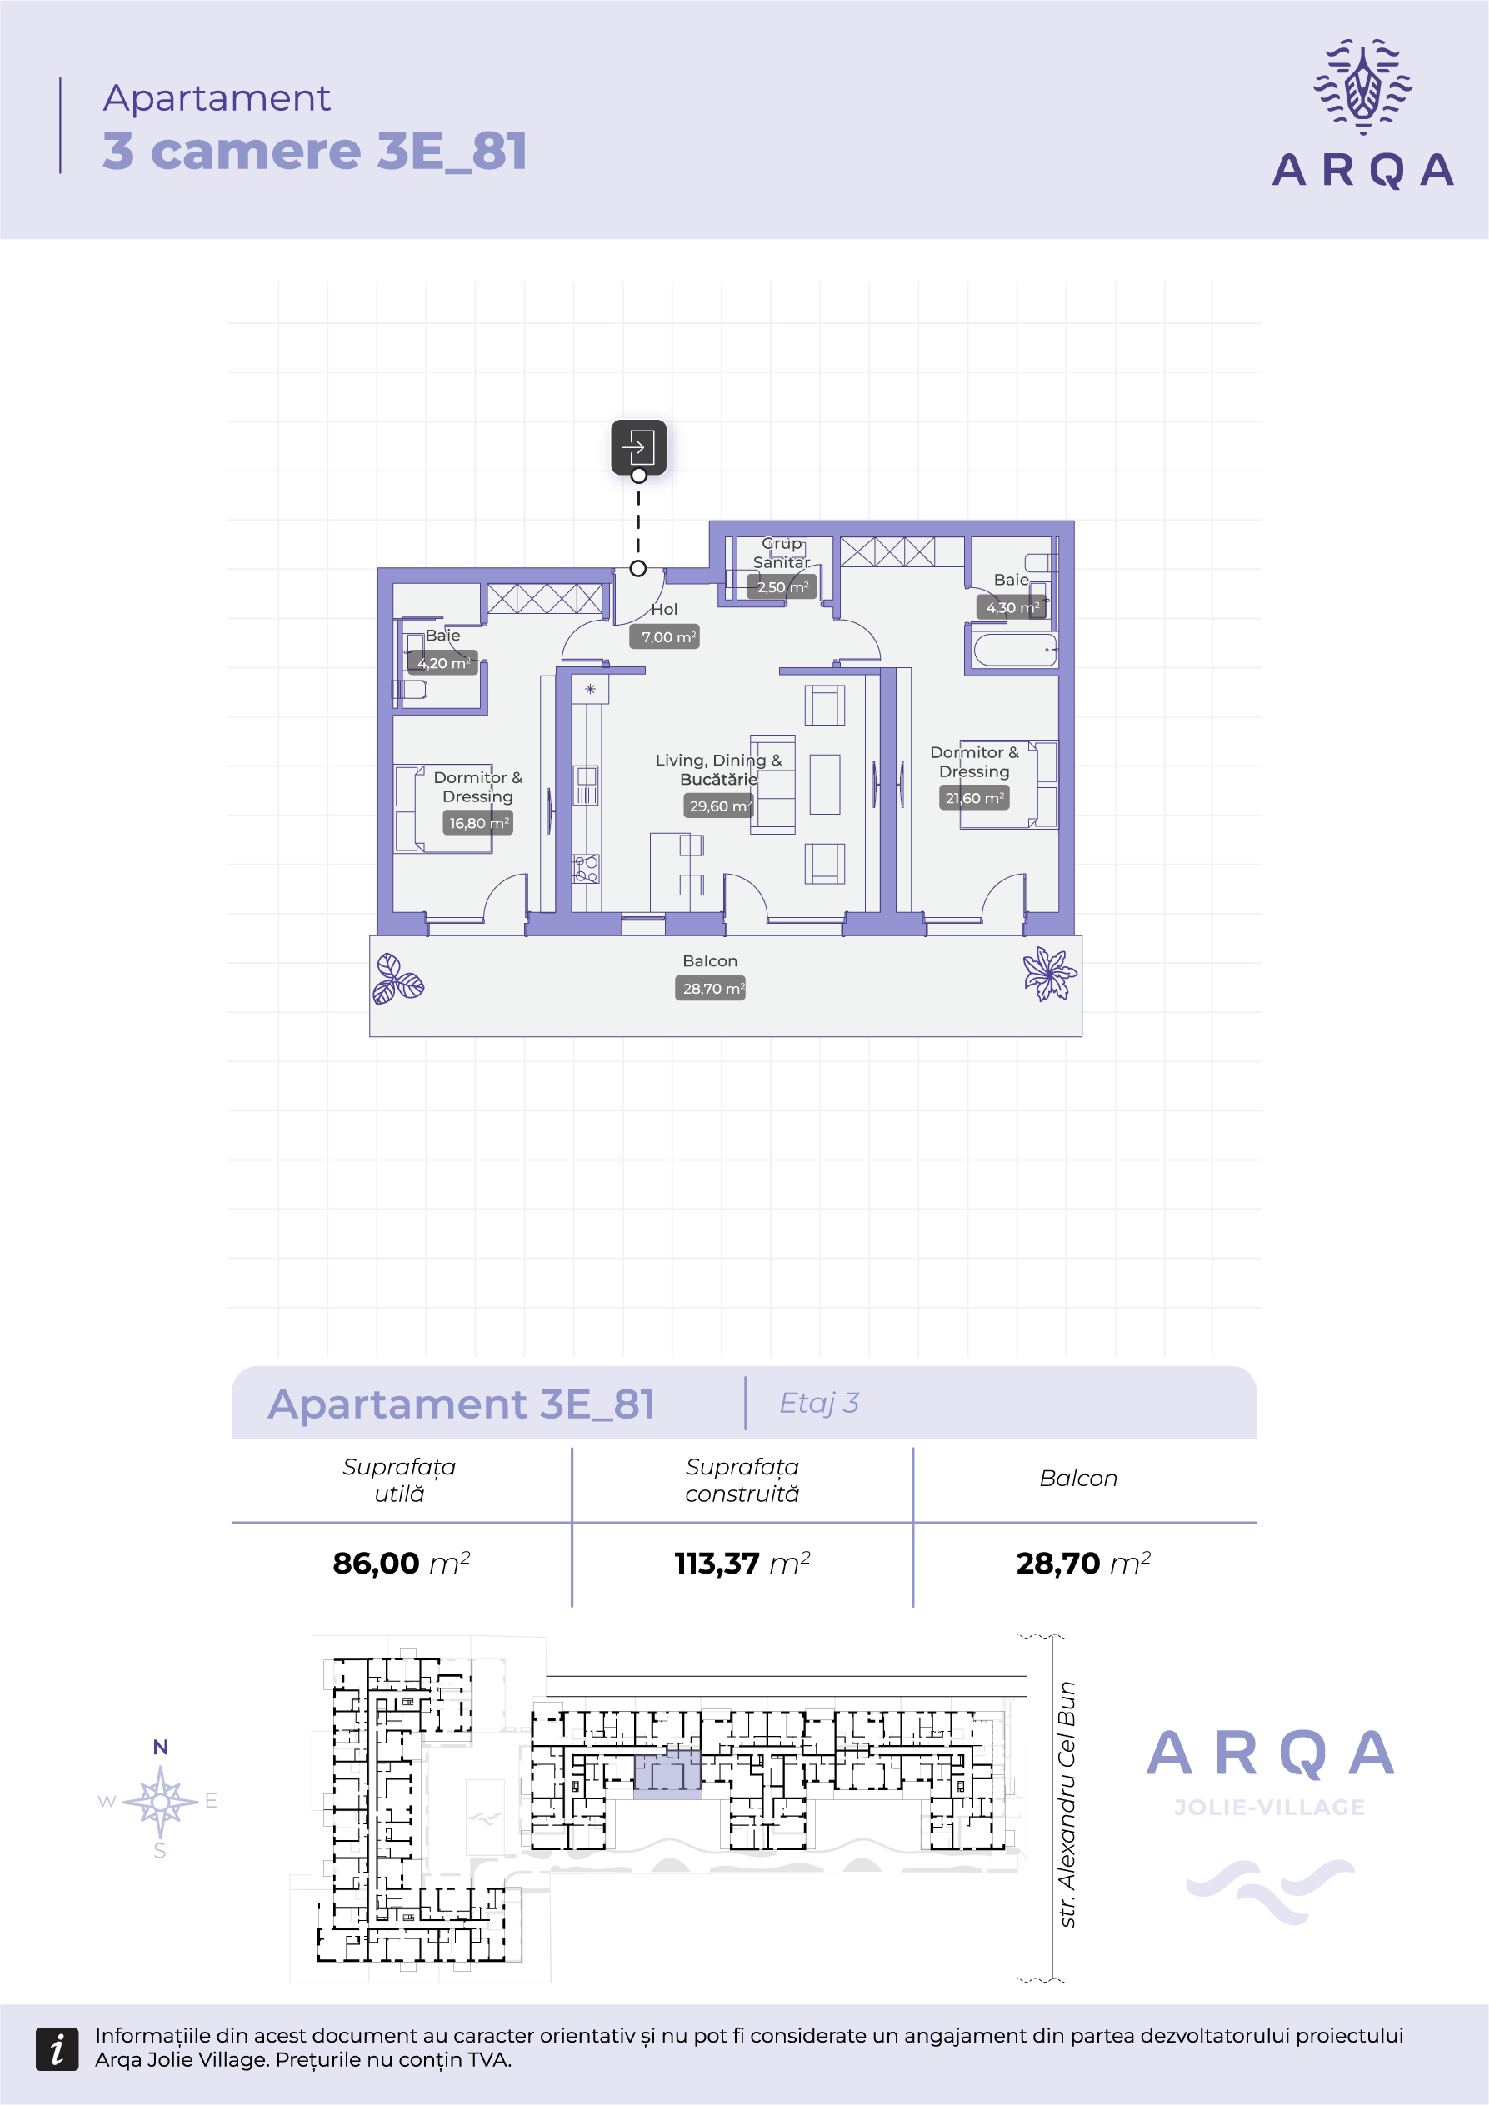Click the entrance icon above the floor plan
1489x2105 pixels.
[x=638, y=447]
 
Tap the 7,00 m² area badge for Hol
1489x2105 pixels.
[x=665, y=637]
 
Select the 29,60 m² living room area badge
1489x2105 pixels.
[x=718, y=806]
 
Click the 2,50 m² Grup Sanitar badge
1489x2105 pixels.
[x=782, y=586]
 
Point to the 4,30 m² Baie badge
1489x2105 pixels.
[x=1011, y=607]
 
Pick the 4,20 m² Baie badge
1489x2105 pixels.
[x=442, y=663]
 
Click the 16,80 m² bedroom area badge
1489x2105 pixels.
[x=477, y=823]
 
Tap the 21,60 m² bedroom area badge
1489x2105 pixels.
[x=974, y=799]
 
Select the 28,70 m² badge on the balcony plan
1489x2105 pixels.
[x=710, y=988]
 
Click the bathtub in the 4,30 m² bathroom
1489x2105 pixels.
[x=1015, y=650]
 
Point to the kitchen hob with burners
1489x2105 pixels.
[x=586, y=868]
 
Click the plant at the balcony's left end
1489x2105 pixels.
[x=397, y=978]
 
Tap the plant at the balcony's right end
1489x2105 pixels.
[x=1050, y=974]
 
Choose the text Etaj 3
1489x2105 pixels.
[x=819, y=1403]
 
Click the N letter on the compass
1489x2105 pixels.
[x=161, y=1748]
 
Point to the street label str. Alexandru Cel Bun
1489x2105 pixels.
[x=1067, y=1805]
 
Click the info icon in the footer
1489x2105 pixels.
[x=57, y=2049]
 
